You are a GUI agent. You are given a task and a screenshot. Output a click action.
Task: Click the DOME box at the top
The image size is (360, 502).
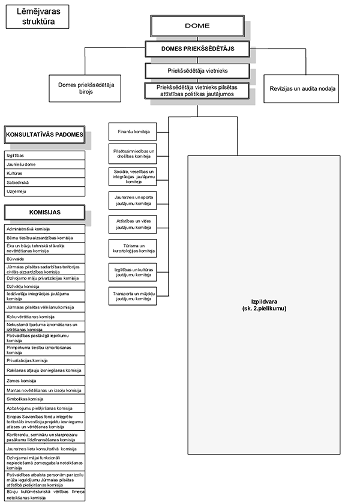coord(197,26)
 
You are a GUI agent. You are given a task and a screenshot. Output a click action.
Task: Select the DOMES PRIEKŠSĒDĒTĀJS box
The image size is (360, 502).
coord(197,48)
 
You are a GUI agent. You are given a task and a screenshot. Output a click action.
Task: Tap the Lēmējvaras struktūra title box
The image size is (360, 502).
coord(34,16)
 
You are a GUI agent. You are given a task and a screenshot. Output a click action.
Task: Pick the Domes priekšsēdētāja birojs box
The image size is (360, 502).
coord(86,89)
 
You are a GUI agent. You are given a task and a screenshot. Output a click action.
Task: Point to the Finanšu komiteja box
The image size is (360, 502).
coord(133,131)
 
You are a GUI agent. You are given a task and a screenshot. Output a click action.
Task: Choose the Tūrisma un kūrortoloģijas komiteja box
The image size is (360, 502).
coord(133,248)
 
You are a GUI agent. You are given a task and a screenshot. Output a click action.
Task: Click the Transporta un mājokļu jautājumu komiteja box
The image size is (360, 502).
coord(133,295)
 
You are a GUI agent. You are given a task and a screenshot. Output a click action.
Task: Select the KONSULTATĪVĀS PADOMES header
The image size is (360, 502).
coord(44,135)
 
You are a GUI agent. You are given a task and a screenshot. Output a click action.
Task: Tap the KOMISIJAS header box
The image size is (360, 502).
coord(44,212)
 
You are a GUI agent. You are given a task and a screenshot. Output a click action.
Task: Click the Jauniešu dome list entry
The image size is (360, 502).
coord(44,164)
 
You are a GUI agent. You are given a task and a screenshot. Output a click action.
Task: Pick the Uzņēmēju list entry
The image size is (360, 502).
coord(44,191)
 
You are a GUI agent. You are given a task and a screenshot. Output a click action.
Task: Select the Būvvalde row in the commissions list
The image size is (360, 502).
coord(44,259)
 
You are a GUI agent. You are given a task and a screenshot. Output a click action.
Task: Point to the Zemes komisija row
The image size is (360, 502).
coord(44,381)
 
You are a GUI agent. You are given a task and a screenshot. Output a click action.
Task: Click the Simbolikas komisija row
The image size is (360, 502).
coord(44,399)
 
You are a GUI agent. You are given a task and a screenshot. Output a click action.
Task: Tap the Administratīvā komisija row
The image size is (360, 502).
coord(44,229)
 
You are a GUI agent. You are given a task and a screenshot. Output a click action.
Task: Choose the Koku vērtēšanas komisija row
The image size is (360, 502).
coord(44,316)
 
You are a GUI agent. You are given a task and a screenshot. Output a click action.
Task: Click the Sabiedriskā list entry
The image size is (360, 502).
coord(44,182)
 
